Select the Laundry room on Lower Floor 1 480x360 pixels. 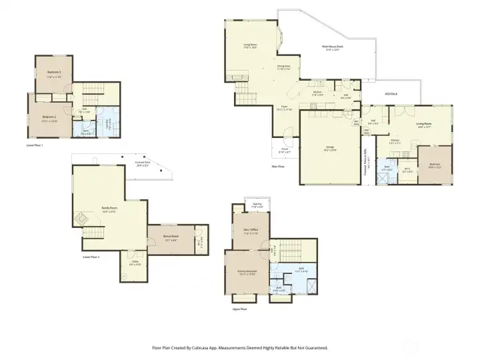click(x=108, y=121)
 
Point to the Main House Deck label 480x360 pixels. click(x=331, y=47)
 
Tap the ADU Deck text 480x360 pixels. click(x=390, y=93)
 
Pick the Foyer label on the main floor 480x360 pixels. click(x=284, y=106)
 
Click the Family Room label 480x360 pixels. click(x=109, y=208)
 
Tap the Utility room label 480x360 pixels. click(x=135, y=261)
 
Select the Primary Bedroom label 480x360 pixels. click(x=247, y=271)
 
